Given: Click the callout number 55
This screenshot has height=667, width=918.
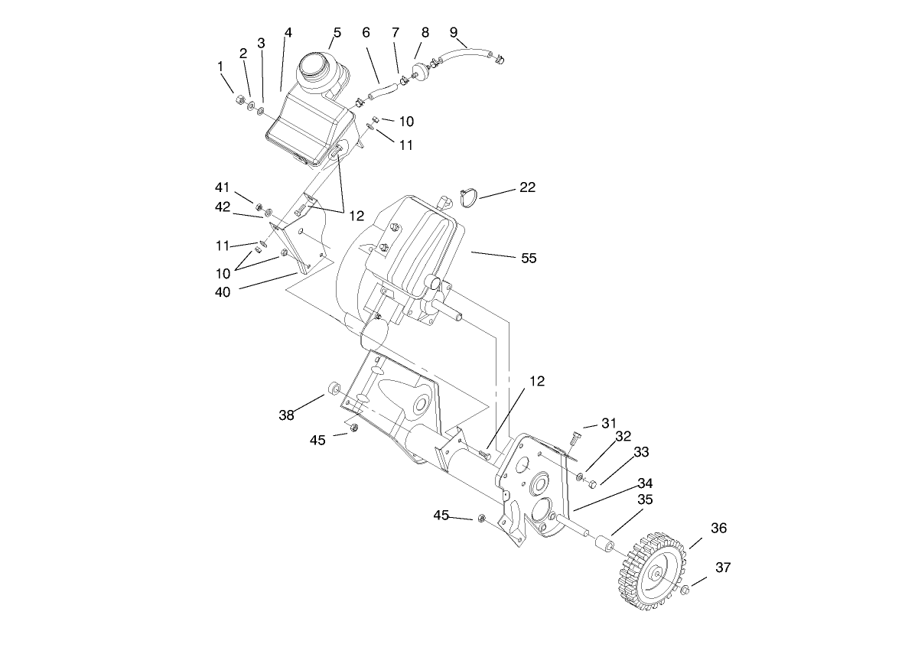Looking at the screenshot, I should pyautogui.click(x=529, y=259).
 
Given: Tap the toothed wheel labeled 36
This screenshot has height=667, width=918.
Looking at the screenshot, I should pyautogui.click(x=657, y=574).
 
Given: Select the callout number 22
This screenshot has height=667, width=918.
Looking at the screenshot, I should pyautogui.click(x=527, y=187).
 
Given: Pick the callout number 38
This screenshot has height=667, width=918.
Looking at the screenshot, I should pyautogui.click(x=286, y=415).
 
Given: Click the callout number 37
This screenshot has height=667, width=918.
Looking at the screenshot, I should pyautogui.click(x=724, y=568).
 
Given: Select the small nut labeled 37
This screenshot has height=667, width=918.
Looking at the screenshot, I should pyautogui.click(x=685, y=589).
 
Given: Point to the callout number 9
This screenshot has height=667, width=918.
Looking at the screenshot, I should pyautogui.click(x=454, y=32).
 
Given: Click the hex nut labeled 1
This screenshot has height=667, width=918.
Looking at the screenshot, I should pyautogui.click(x=239, y=99).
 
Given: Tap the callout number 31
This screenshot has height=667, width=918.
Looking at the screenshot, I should pyautogui.click(x=608, y=423).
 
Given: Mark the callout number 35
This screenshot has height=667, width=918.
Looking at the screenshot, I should pyautogui.click(x=646, y=499).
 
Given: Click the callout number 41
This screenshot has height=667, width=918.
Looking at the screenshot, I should pyautogui.click(x=223, y=187).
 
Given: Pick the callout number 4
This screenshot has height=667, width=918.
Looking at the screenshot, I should pyautogui.click(x=288, y=32).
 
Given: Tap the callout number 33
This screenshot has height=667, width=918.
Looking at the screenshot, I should pyautogui.click(x=641, y=453).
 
